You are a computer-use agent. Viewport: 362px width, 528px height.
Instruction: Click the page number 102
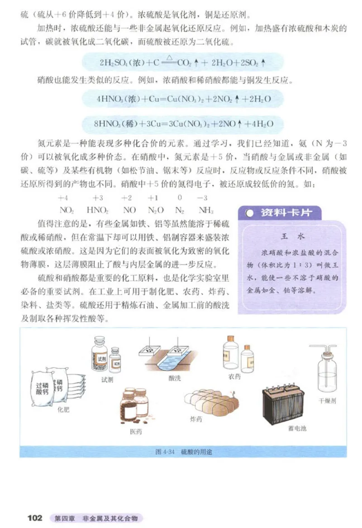tap(35, 517)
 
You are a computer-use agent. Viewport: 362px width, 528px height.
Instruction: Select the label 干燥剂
tap(327, 401)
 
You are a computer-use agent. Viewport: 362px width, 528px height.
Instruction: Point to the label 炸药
tap(196, 420)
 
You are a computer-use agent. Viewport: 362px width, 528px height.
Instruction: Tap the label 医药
tap(136, 432)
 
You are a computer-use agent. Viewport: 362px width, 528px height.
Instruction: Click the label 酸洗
tap(174, 378)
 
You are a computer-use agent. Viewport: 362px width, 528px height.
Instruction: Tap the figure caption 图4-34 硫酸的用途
tap(181, 451)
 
